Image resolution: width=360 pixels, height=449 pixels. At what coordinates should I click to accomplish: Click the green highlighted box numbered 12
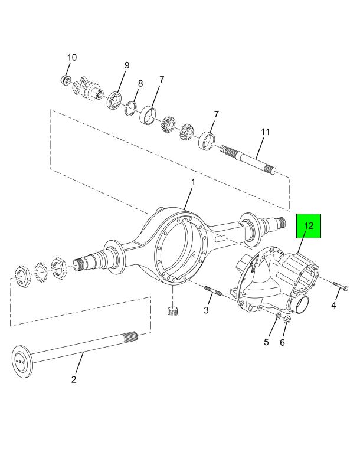click(x=309, y=226)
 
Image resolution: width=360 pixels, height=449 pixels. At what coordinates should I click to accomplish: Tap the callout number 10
click(x=72, y=58)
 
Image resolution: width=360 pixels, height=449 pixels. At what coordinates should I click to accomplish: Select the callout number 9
click(x=126, y=65)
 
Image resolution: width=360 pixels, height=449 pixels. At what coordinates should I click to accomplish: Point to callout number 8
click(x=140, y=84)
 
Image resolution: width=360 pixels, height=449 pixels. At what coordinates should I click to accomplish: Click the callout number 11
click(x=265, y=132)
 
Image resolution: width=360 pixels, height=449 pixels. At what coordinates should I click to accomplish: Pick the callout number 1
click(x=193, y=182)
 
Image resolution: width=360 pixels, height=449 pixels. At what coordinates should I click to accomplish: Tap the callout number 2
click(x=74, y=380)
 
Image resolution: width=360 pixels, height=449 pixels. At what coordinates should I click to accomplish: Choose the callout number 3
click(x=206, y=310)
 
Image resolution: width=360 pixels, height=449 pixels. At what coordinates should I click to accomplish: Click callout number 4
click(x=333, y=306)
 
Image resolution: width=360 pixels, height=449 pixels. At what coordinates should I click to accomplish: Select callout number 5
click(x=266, y=342)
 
